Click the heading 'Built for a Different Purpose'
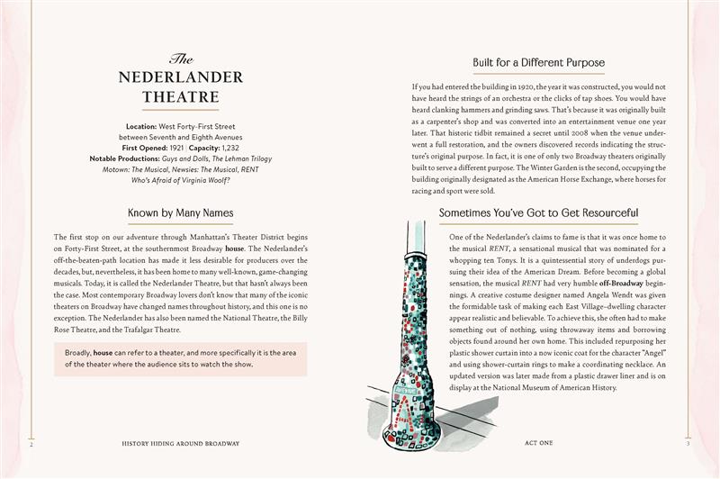coord(538,63)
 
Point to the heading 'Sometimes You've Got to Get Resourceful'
coord(538,214)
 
